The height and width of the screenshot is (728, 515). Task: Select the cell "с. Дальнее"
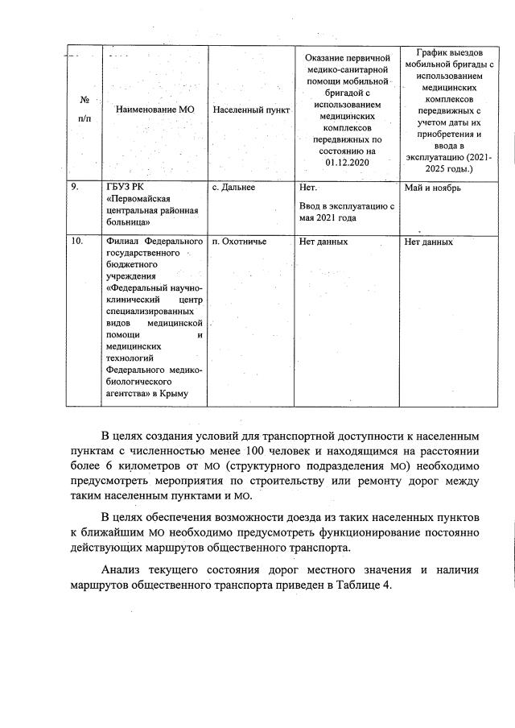233,187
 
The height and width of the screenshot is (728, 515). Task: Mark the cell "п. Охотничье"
238,241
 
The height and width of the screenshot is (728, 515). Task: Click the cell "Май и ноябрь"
435,187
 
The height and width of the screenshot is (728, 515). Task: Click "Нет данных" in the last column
429,241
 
